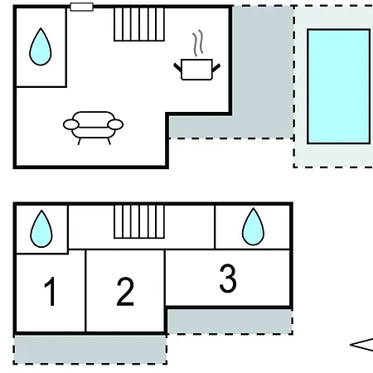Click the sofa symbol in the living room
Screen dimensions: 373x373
coord(93,128)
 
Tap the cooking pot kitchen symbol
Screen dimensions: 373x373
coord(196,70)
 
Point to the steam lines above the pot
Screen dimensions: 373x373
coord(198,43)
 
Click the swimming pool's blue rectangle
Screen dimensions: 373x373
coord(339,86)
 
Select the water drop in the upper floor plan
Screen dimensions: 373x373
coord(41,47)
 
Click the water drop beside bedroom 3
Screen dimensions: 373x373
coord(253,227)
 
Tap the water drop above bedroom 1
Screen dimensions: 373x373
coord(41,229)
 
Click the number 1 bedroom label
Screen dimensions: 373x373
coord(51,292)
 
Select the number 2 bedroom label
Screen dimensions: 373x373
coord(125,292)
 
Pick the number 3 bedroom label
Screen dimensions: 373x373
coord(228,279)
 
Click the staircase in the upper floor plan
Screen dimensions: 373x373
coord(139,24)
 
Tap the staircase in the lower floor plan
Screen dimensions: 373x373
coord(139,221)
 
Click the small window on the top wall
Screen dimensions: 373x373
coord(82,7)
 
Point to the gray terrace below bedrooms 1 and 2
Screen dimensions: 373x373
coord(90,350)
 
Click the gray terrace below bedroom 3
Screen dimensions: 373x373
coord(230,322)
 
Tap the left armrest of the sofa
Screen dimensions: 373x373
coord(71,124)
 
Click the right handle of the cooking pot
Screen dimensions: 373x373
coord(216,68)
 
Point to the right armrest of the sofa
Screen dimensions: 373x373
coord(115,124)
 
